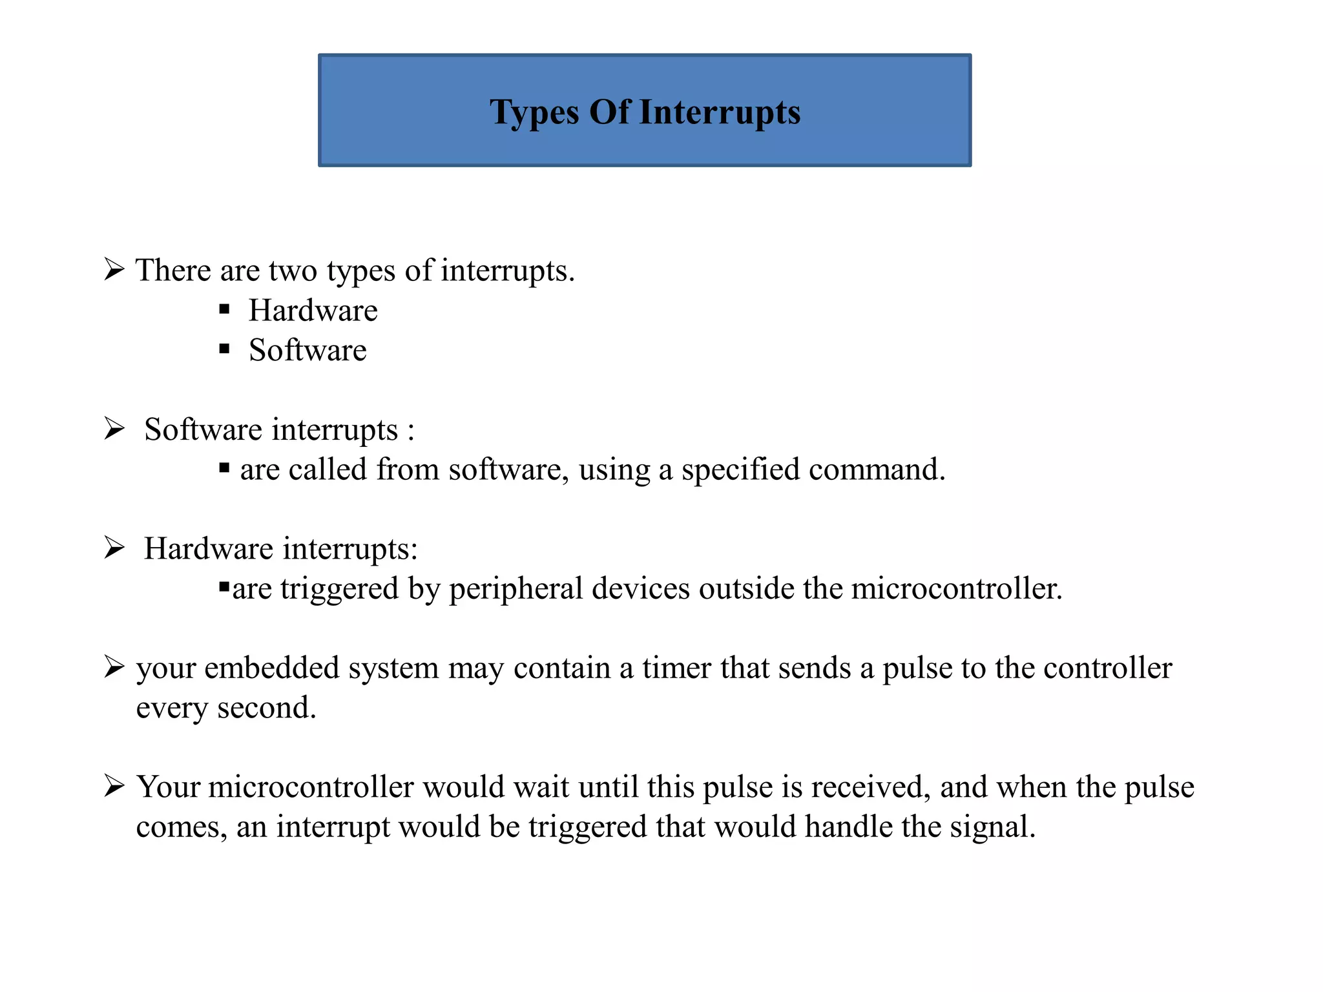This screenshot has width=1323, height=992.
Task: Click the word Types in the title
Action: coord(534,113)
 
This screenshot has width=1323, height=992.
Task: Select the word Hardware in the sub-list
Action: coord(313,311)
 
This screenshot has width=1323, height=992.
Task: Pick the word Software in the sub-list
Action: coord(307,351)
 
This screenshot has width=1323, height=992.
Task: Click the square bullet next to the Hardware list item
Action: coord(224,309)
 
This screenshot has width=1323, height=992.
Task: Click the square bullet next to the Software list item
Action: coord(224,349)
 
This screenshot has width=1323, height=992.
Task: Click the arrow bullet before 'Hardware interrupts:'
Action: coord(114,548)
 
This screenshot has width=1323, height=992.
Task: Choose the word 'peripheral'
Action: coord(516,589)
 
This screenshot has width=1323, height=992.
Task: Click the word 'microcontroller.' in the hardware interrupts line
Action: coord(957,589)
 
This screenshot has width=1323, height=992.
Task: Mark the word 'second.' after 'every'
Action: coord(267,708)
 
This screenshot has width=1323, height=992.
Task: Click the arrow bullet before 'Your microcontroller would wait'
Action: coord(114,786)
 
